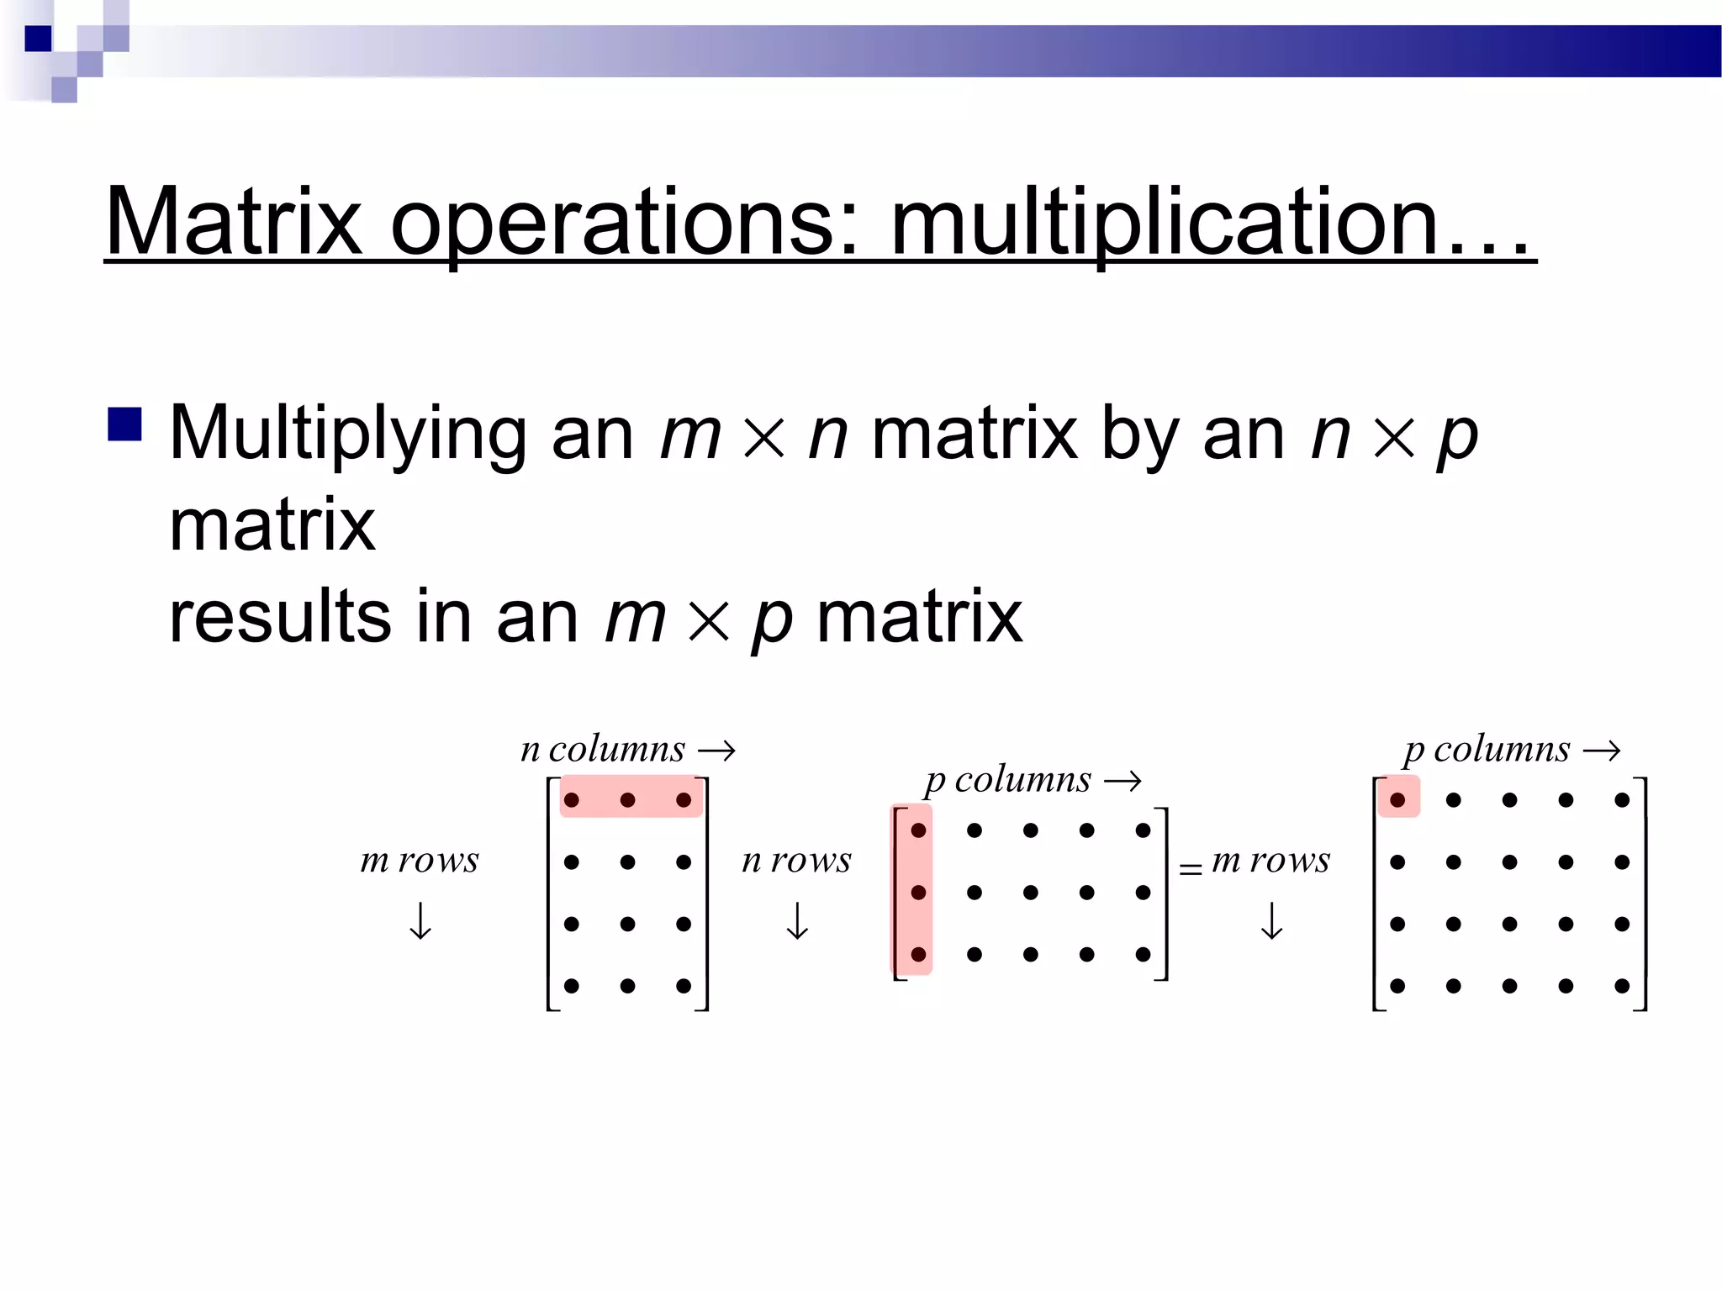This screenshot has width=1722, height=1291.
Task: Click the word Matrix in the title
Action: [234, 222]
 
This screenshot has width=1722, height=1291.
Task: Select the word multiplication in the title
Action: [1165, 222]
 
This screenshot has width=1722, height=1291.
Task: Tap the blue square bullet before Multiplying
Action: [124, 424]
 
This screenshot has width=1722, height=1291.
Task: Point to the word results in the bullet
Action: [280, 616]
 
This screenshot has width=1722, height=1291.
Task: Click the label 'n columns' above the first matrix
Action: [603, 749]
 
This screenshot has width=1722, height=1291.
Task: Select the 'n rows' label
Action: [796, 861]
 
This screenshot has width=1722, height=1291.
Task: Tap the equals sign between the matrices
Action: [1190, 869]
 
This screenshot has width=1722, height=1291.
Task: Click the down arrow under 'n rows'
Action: [797, 921]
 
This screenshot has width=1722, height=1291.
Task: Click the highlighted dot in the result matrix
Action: [1397, 799]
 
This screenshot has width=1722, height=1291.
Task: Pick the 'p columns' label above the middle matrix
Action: [1008, 780]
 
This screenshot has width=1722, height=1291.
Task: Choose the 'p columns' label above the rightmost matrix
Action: [1487, 749]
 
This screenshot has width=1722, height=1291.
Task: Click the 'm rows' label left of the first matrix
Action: [419, 861]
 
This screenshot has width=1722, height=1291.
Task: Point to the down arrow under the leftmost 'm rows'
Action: [420, 921]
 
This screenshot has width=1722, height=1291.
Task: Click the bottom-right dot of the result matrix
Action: [1622, 986]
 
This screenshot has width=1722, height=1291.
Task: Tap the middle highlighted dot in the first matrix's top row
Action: [627, 799]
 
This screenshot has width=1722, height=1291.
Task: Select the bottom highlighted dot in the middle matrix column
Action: [918, 954]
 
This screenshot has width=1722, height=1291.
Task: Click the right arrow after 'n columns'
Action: [717, 750]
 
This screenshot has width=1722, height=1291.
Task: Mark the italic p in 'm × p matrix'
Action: [772, 619]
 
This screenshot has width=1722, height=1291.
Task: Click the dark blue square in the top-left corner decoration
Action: [38, 39]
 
